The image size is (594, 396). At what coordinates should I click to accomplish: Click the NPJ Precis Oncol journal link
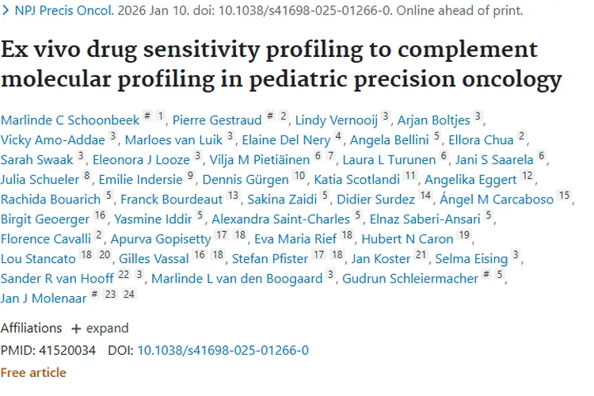[x=62, y=11]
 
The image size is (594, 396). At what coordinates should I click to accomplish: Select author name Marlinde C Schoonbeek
[x=69, y=120]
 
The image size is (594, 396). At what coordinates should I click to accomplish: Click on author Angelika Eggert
[x=472, y=179]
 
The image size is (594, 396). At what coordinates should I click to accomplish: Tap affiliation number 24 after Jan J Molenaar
[x=128, y=295]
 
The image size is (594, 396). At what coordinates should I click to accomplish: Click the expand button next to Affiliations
[x=100, y=328]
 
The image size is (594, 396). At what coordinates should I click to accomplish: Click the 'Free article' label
[x=33, y=372]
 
